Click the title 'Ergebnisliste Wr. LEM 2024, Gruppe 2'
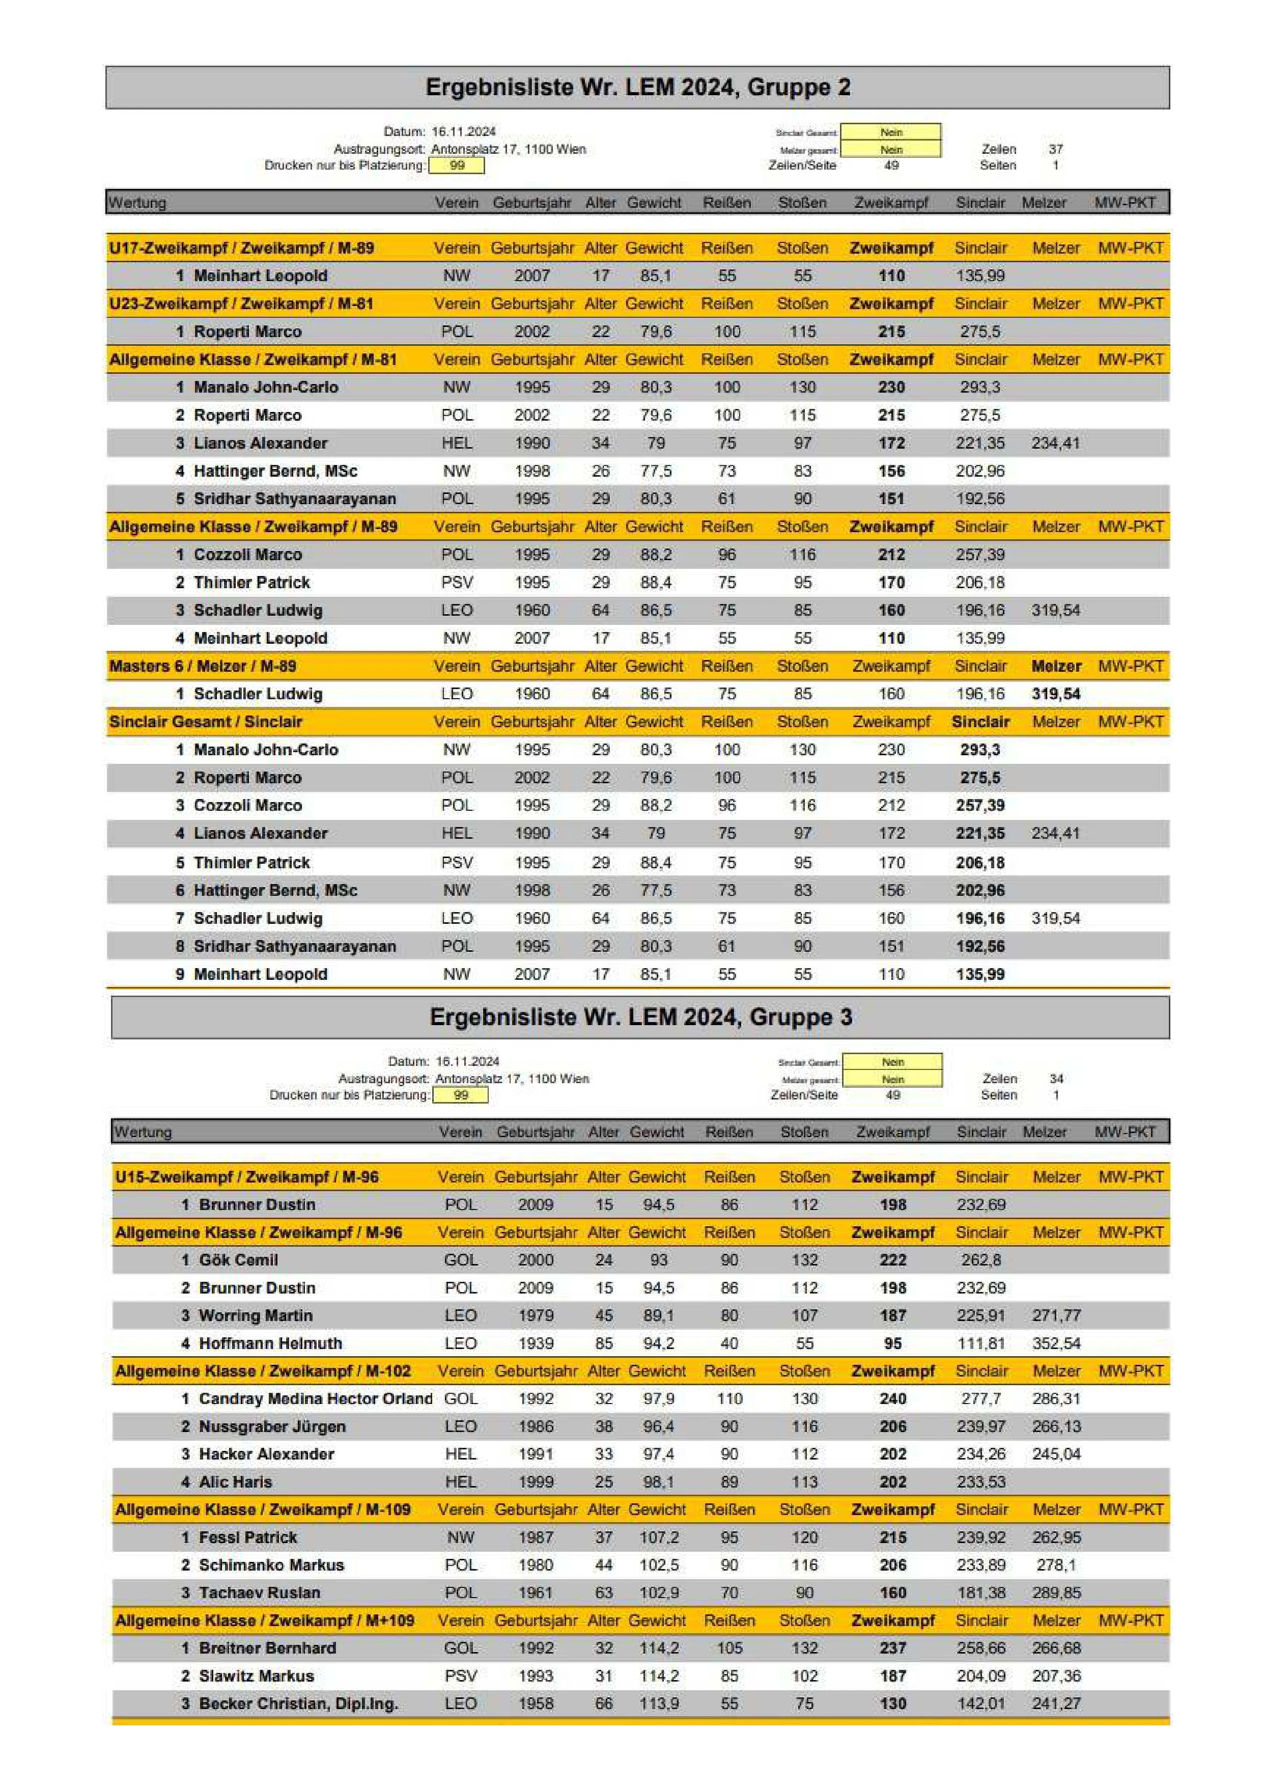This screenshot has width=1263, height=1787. tap(637, 87)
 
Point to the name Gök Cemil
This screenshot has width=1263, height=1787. tap(238, 1259)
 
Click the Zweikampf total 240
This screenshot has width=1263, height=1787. tap(892, 1398)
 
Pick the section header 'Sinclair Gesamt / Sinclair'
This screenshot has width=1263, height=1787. tap(206, 722)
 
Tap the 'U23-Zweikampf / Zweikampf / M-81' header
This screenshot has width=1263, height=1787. tap(241, 304)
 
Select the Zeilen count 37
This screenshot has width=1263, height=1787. tap(1055, 149)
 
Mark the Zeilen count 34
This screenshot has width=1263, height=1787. tap(1056, 1078)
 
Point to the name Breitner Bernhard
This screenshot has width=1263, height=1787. tap(268, 1647)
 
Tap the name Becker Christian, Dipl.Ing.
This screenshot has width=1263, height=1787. tap(298, 1703)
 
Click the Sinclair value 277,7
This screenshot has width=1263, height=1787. tap(980, 1398)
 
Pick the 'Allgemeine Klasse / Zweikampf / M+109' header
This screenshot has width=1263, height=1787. tap(265, 1620)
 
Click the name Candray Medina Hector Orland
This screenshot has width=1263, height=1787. tap(315, 1398)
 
